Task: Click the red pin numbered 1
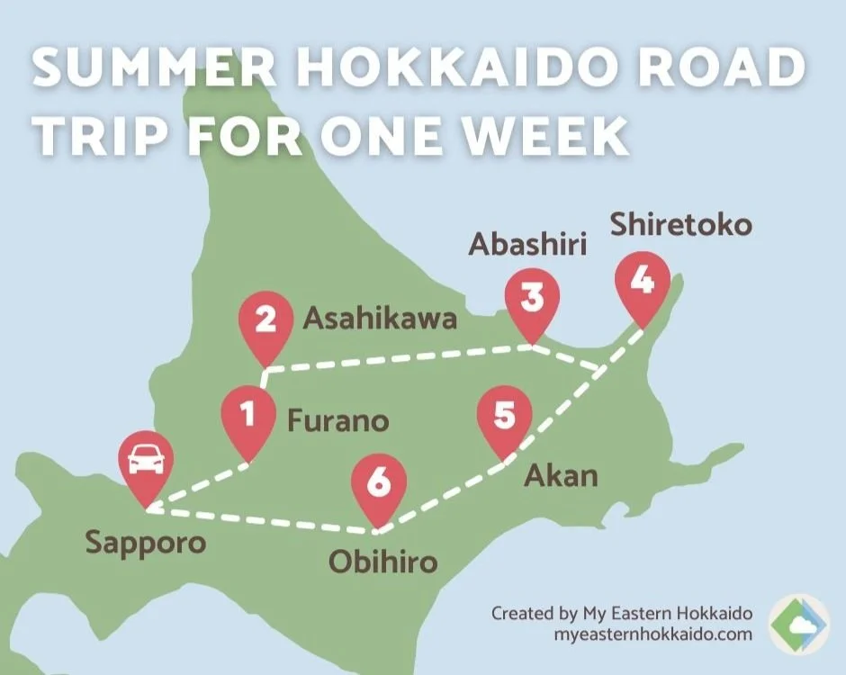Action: tap(248, 416)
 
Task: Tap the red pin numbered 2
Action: tap(266, 322)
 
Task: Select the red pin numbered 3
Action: tap(532, 300)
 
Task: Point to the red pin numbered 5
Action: tap(505, 418)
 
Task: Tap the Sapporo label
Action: tap(145, 543)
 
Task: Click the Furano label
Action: tap(337, 420)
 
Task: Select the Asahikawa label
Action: tap(380, 318)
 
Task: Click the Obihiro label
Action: tap(382, 563)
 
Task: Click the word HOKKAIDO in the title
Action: tap(428, 70)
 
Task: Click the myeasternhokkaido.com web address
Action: tap(652, 634)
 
